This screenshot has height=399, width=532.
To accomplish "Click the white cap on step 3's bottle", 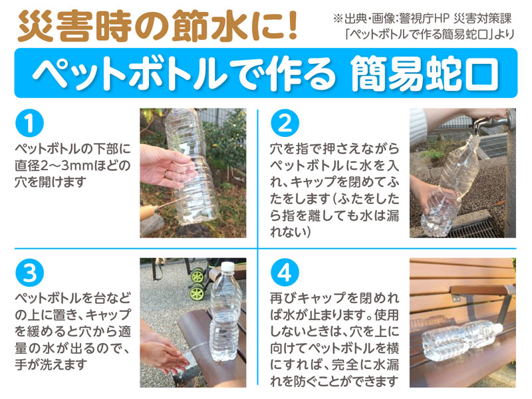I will [x=227, y=267].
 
